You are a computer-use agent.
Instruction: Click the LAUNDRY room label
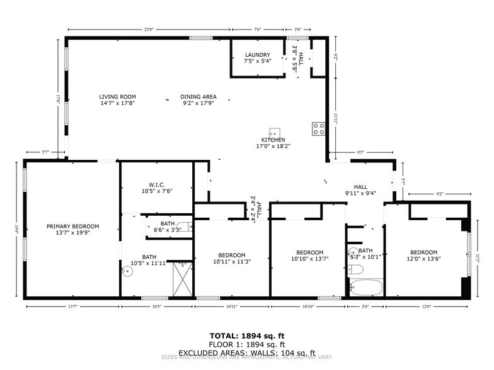(x=258, y=55)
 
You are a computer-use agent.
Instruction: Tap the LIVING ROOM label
(x=117, y=97)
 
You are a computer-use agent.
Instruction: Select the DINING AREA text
(x=198, y=97)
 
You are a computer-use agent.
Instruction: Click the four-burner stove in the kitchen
(x=319, y=129)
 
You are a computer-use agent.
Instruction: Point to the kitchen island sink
(x=274, y=132)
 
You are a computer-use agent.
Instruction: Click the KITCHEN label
(x=273, y=140)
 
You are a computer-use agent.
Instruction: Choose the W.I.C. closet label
(x=157, y=184)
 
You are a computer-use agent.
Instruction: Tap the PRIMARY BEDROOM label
(x=72, y=227)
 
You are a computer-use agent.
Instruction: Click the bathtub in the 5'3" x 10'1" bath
(x=365, y=288)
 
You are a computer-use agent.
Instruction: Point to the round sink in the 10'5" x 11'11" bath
(x=128, y=272)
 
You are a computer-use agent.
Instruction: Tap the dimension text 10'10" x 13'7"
(x=309, y=259)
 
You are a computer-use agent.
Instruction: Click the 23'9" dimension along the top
(x=149, y=29)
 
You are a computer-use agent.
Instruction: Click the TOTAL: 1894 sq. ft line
(x=246, y=335)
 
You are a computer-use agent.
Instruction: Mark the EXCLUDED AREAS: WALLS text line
(x=246, y=353)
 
